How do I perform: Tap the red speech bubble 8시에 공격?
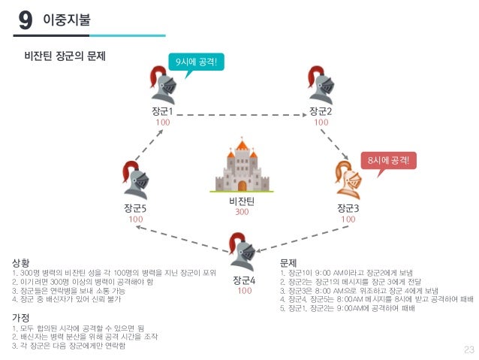pyautogui.click(x=388, y=159)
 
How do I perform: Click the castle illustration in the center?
pyautogui.click(x=242, y=168)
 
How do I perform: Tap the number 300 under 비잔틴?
pyautogui.click(x=242, y=213)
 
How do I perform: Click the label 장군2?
pyautogui.click(x=321, y=111)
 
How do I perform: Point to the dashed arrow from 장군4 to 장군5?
pyautogui.click(x=185, y=240)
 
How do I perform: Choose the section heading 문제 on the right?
pyautogui.click(x=289, y=263)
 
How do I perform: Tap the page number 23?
pyautogui.click(x=469, y=349)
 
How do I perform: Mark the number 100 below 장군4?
pyautogui.click(x=245, y=291)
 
